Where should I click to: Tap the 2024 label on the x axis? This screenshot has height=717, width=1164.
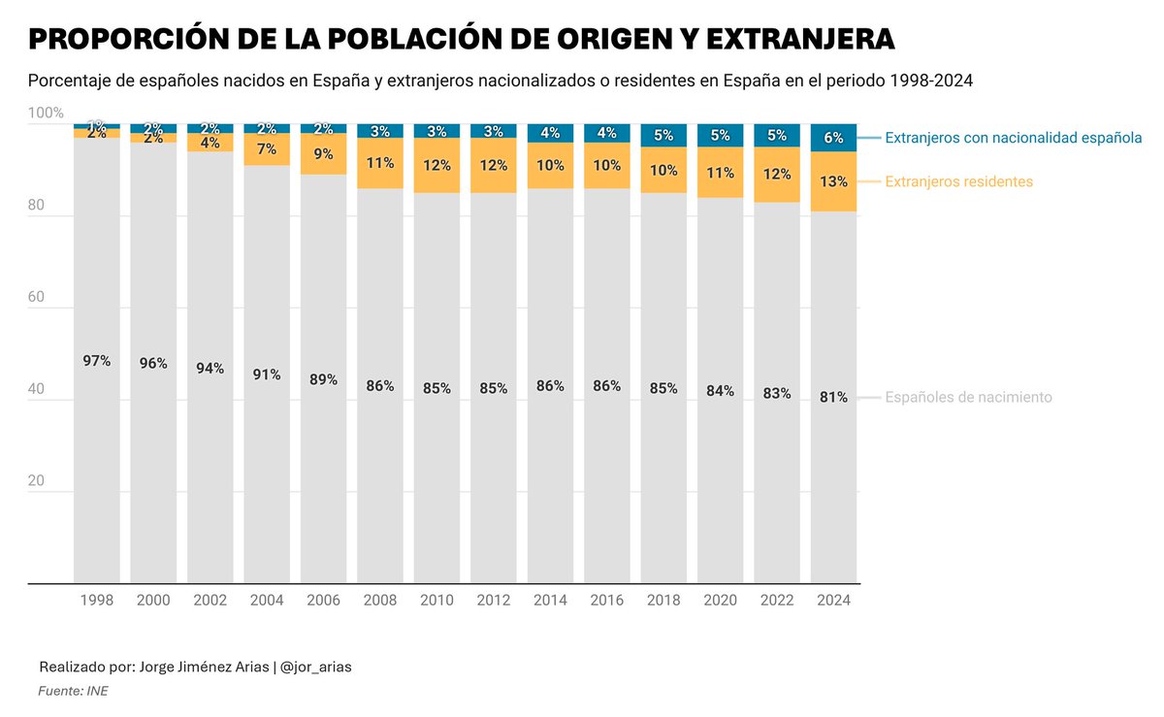click(833, 601)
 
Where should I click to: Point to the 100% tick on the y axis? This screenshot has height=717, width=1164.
click(46, 114)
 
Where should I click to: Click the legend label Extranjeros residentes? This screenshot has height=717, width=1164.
click(958, 181)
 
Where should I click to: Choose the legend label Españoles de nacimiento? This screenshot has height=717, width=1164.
click(968, 398)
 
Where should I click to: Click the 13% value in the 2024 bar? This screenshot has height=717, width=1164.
click(833, 181)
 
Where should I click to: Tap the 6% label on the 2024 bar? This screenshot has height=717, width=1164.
click(833, 138)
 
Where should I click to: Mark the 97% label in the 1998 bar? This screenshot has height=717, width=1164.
click(97, 361)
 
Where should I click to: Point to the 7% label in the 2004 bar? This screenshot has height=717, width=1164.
click(267, 149)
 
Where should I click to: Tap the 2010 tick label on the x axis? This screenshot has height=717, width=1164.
click(436, 601)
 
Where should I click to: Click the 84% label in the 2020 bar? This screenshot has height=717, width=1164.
click(720, 391)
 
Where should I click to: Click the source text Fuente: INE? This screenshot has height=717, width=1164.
click(73, 691)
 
